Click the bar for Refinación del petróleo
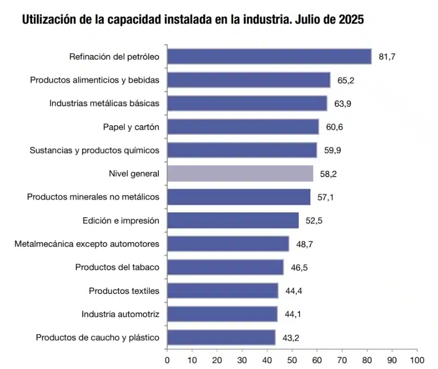click(269, 56)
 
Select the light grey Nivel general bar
click(240, 173)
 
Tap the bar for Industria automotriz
click(222, 314)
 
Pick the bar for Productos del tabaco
click(225, 267)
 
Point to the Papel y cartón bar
click(243, 127)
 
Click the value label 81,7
click(387, 56)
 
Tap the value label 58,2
click(328, 174)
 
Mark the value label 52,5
click(314, 220)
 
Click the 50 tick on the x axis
click(292, 359)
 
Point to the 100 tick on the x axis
click(417, 359)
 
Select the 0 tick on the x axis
click(167, 359)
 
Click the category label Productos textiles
click(124, 291)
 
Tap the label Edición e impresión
click(121, 220)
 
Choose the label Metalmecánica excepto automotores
click(87, 243)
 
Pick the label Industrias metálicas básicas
click(104, 103)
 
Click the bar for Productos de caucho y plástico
click(221, 337)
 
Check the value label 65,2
click(346, 80)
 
